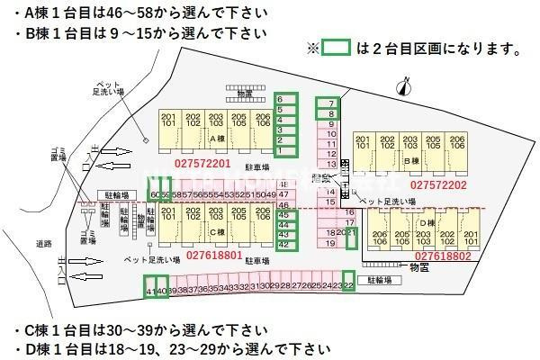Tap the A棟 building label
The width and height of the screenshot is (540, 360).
(x=217, y=139)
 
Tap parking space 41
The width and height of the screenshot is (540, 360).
(x=149, y=289)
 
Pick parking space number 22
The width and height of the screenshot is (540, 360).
(x=348, y=284)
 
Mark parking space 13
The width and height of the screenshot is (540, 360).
(x=331, y=165)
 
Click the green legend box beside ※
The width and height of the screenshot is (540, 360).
(x=336, y=48)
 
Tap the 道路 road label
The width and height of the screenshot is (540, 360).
(x=45, y=244)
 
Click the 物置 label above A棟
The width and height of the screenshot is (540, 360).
(x=244, y=93)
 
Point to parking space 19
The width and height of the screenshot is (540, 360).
(x=331, y=243)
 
